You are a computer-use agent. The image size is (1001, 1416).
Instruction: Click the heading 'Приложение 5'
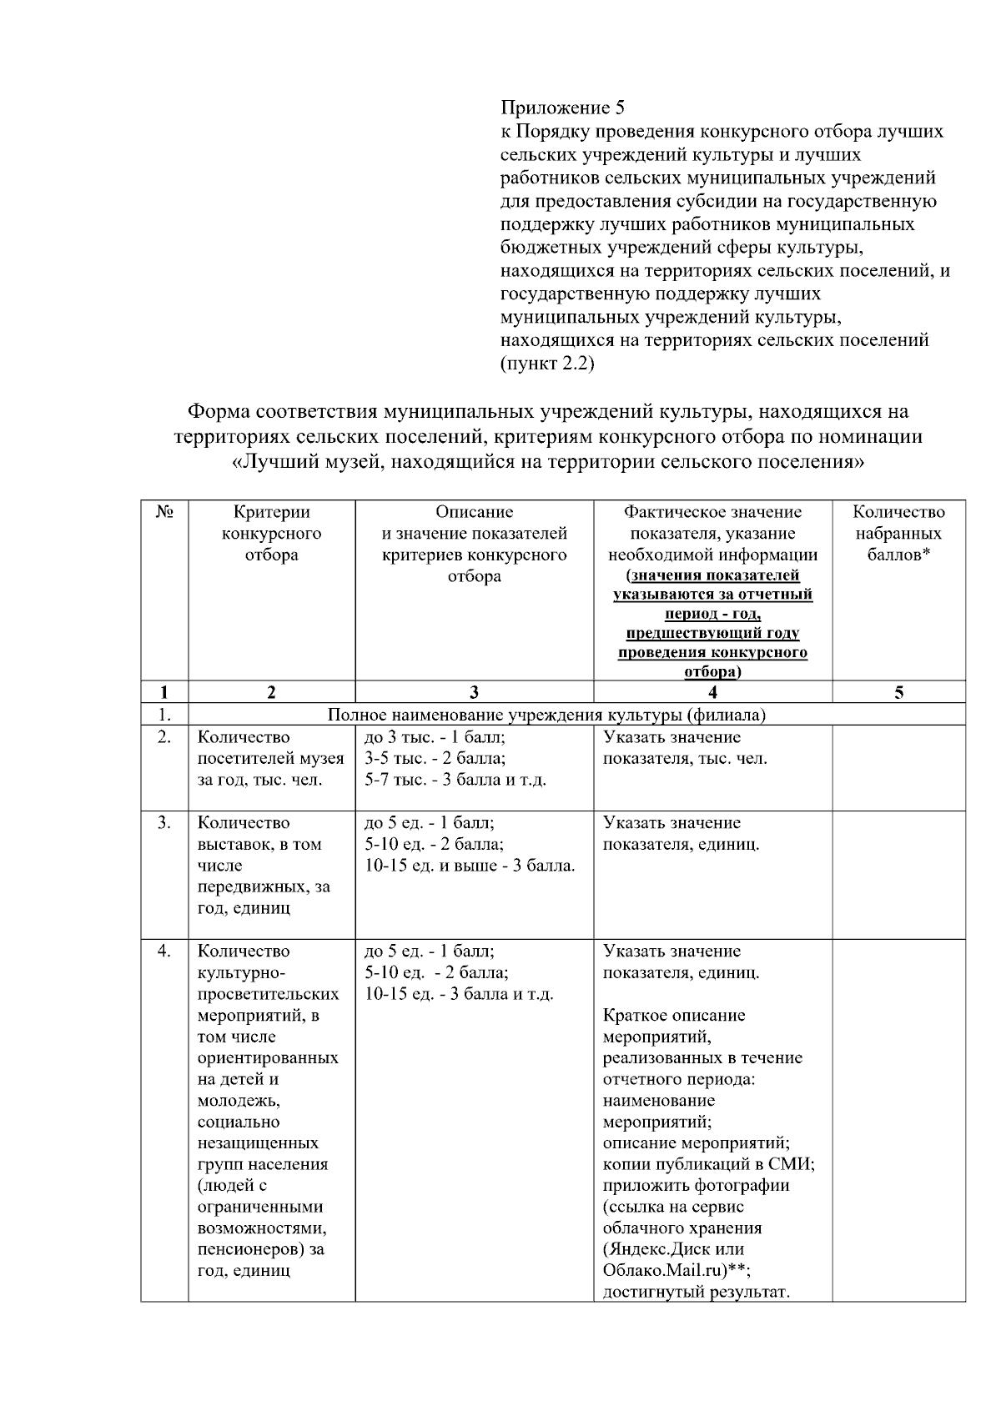(562, 108)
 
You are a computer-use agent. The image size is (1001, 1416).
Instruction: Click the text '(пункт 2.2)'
(547, 364)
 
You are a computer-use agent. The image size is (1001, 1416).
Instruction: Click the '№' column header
(164, 512)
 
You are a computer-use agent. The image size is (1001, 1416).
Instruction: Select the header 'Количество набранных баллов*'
(899, 534)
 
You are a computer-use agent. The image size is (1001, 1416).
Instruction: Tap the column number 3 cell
(474, 692)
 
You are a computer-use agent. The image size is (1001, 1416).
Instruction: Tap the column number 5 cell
(899, 692)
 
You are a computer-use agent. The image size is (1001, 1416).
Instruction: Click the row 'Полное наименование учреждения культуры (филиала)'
(546, 715)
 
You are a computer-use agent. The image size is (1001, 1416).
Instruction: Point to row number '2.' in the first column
(164, 737)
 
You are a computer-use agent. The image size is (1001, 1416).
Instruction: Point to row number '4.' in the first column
(164, 952)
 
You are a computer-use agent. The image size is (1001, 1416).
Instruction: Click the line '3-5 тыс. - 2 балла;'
(435, 759)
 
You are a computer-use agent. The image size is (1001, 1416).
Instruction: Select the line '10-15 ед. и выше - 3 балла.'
(470, 866)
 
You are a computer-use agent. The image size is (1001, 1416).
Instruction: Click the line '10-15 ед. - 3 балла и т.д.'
(459, 994)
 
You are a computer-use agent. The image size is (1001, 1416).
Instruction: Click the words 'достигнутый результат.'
(696, 1293)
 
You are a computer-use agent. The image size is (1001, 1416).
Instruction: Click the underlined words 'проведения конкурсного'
(712, 653)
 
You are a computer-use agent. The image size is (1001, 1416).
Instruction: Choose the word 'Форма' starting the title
(219, 412)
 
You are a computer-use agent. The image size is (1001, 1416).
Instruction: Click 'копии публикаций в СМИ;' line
(708, 1164)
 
